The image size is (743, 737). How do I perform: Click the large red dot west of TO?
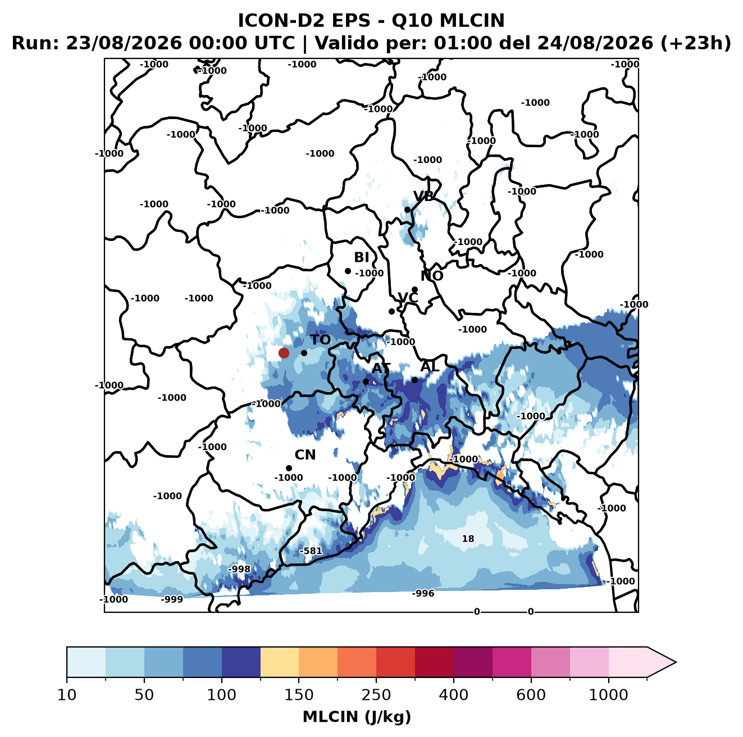pos(284,353)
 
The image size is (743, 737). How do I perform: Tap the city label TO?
pos(321,340)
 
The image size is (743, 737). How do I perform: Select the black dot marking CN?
pos(289,468)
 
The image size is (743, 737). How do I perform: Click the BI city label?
pos(361,257)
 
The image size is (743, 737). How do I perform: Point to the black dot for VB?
pos(407,210)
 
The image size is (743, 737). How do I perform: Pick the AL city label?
pos(430,366)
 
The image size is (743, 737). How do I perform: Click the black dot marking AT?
pos(366,381)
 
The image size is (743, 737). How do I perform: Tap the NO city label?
pos(432,276)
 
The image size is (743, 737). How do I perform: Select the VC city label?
pos(408,297)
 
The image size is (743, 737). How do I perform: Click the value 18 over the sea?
pos(468,538)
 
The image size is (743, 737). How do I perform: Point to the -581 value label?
pos(311,551)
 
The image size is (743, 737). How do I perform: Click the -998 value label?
pos(239,569)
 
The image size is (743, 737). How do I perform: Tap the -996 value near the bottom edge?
pos(423,593)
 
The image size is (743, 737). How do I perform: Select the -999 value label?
pos(172,599)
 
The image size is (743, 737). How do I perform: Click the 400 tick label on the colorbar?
pos(453,695)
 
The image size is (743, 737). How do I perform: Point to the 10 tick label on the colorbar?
pos(67,695)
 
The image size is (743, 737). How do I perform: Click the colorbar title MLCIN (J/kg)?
pos(357,717)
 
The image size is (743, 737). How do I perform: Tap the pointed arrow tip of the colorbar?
pos(676,662)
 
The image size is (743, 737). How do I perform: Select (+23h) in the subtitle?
pos(696,43)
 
